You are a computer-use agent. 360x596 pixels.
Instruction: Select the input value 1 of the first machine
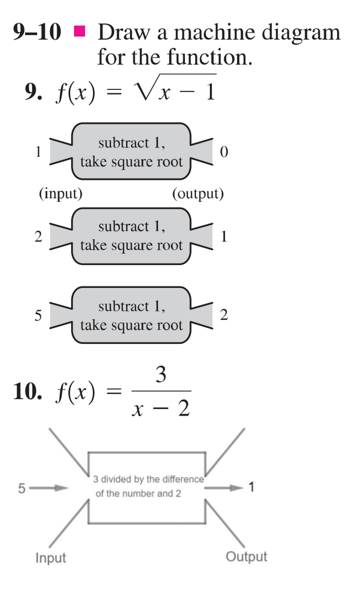38,152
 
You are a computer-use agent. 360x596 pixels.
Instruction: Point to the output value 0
224,153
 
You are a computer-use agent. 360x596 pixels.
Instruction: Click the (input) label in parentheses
61,193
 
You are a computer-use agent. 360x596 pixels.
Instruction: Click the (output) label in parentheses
198,193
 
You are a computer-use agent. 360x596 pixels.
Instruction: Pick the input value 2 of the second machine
38,237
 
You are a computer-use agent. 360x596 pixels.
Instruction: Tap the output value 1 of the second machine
224,237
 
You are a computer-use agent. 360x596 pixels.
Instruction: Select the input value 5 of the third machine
38,315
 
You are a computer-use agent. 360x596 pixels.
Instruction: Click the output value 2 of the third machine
224,315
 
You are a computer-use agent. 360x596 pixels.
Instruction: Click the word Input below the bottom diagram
51,558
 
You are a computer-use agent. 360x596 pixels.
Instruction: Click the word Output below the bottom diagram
246,557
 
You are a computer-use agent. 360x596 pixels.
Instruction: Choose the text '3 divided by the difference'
148,479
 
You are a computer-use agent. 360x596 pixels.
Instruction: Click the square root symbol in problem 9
147,90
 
